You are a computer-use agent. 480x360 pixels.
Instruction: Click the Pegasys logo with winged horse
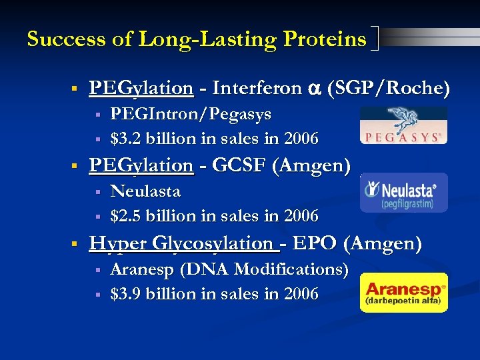click(x=403, y=125)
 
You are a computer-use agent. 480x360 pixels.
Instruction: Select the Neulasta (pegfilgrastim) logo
click(x=404, y=193)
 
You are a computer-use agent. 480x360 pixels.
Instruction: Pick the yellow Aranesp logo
click(x=404, y=293)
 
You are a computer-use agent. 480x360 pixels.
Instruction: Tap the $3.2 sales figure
click(x=124, y=139)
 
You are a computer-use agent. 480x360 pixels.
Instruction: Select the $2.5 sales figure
click(x=124, y=216)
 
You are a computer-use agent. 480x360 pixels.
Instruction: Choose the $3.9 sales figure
click(x=124, y=293)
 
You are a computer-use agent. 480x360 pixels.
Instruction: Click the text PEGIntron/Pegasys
click(x=191, y=114)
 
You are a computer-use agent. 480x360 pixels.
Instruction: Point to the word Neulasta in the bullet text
click(x=145, y=191)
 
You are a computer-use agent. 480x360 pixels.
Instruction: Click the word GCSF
click(x=240, y=165)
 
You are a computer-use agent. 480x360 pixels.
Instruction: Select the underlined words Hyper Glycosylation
click(x=184, y=243)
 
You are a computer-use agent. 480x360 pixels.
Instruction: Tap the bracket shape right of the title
click(x=375, y=39)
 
